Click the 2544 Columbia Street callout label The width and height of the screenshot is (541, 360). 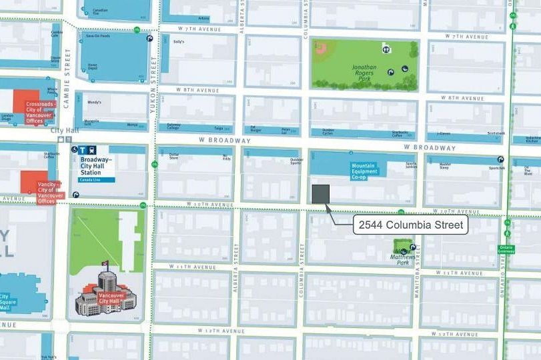410,225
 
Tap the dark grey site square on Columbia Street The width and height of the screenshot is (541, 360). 321,193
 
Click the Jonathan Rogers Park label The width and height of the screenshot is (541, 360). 364,71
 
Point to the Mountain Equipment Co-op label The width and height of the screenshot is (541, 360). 365,171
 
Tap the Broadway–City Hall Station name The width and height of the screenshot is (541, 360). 97,165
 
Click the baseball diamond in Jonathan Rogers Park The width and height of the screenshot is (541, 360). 322,48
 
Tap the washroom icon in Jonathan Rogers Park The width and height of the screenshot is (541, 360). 386,49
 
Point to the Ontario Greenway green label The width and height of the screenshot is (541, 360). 507,248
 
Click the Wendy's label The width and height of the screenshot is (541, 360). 94,102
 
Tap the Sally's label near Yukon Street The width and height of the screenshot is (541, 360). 178,41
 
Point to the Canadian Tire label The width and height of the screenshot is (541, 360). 99,11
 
